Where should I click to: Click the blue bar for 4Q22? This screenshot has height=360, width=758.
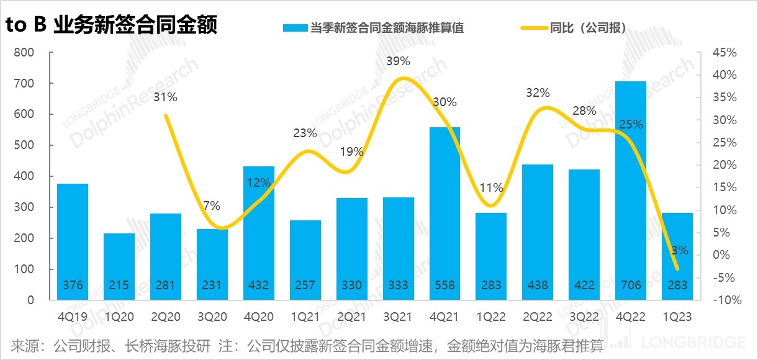tap(631, 186)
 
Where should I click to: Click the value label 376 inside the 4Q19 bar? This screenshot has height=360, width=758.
tap(72, 286)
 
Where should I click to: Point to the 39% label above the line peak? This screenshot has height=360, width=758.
tap(398, 61)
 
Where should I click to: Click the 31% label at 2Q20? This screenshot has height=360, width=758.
tap(166, 97)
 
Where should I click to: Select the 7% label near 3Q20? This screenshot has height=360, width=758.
tap(212, 206)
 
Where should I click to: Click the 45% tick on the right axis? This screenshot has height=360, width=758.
tap(724, 53)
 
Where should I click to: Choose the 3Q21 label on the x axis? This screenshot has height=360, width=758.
tap(398, 317)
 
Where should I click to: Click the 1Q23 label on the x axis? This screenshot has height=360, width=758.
tap(677, 317)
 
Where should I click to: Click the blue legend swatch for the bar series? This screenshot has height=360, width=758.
tap(295, 28)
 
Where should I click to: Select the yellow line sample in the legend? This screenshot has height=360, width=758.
tap(533, 28)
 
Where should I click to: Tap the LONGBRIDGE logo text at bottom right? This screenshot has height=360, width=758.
tap(693, 342)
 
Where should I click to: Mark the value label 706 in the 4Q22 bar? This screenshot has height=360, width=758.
tap(631, 286)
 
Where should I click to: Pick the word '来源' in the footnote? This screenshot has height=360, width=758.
tap(24, 345)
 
